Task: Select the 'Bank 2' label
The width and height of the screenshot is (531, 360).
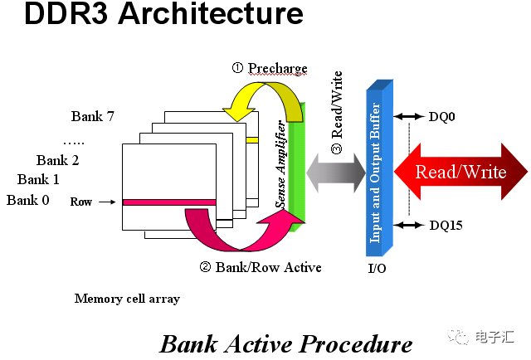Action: [x=57, y=160]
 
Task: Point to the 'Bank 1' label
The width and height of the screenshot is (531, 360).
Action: [x=38, y=180]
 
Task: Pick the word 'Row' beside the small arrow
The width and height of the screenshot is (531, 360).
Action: [x=81, y=202]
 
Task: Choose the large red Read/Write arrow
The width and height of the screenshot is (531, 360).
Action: [x=460, y=173]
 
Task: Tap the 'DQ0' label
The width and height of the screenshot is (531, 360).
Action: [x=441, y=118]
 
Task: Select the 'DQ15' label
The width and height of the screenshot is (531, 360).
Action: [x=445, y=225]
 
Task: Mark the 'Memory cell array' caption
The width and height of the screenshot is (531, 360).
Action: [x=127, y=299]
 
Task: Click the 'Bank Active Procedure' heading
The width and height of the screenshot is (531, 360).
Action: [x=285, y=343]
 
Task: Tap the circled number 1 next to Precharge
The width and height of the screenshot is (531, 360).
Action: [x=236, y=68]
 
